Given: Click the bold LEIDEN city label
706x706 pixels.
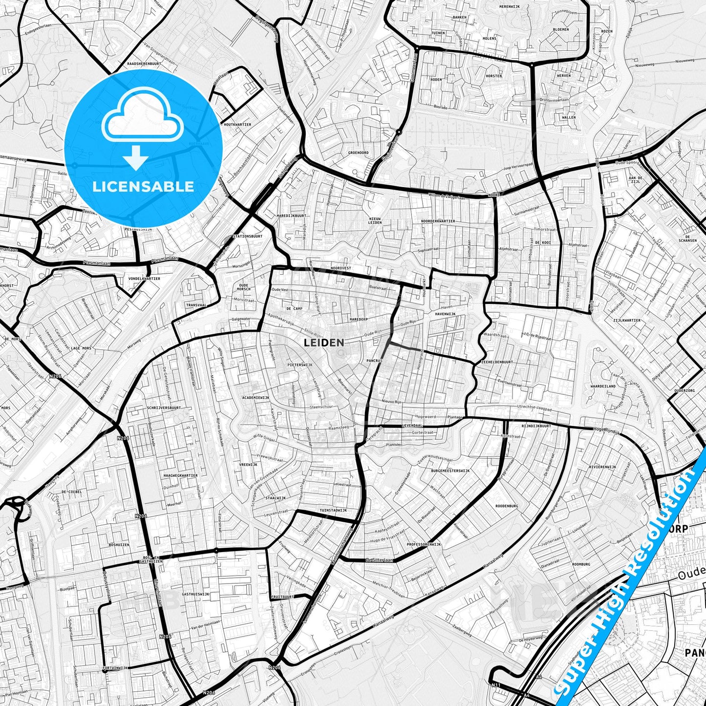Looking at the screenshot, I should coord(324,342).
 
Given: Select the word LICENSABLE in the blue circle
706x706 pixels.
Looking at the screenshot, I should coord(143,186).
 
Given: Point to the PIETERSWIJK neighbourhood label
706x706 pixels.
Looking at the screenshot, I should coord(300,365).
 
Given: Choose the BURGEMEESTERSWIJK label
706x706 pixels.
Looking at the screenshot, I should coord(450,471).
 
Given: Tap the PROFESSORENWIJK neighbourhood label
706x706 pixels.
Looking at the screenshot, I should coord(424,544).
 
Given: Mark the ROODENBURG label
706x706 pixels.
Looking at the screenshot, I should coord(507,506).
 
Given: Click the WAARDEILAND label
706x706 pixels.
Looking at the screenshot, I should coord(603,386).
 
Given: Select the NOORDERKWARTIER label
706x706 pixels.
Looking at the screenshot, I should coord(438,221).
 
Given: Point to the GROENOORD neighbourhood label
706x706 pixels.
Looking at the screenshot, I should coord(358,152).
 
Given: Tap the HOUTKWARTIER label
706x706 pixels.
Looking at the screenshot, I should coord(237,125).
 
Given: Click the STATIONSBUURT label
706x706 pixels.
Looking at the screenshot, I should coord(248,236).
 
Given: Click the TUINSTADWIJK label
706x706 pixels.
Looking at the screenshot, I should coord(333,510).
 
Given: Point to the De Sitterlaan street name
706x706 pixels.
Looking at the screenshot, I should coord(379,560).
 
